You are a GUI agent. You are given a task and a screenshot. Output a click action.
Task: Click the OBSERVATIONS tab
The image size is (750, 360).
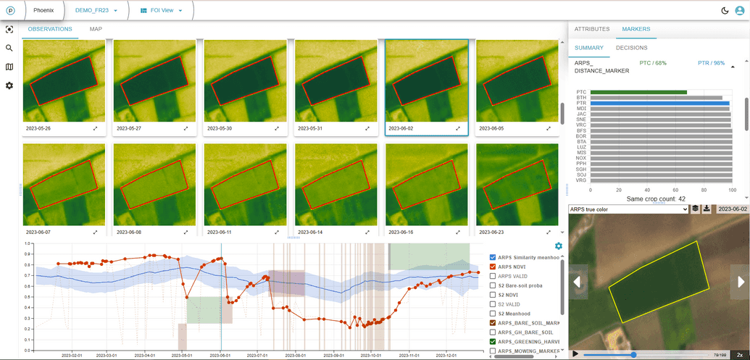click(50, 29)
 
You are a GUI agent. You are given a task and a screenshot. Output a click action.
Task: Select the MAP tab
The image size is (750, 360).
click(96, 29)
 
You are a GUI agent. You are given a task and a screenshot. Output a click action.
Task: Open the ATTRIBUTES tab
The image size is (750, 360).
click(592, 29)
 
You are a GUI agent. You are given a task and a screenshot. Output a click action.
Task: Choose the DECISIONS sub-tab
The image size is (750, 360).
click(632, 48)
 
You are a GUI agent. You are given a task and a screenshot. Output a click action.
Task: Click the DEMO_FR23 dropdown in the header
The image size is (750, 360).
click(96, 11)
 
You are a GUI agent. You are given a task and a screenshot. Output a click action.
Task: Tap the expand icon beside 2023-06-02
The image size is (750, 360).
click(457, 128)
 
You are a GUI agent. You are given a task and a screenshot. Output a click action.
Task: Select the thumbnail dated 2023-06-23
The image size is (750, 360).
click(517, 184)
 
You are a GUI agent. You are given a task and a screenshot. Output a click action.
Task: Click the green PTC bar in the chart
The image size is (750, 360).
click(638, 92)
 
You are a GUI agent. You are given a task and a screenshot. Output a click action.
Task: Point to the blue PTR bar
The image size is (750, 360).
click(659, 104)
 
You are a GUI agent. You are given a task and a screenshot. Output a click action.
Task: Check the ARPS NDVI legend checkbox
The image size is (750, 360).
click(493, 267)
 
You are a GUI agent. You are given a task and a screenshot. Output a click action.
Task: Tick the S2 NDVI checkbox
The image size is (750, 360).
click(493, 295)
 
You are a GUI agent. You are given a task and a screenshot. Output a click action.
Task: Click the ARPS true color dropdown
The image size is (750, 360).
click(628, 209)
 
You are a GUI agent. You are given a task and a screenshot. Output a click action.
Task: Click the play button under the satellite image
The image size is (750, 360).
click(575, 354)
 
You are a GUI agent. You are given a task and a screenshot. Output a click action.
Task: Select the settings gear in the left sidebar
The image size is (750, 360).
click(9, 85)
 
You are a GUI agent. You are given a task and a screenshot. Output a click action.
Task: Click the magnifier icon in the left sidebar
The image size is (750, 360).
click(9, 48)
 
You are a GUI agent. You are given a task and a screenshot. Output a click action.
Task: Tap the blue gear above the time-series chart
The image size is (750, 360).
click(558, 246)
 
